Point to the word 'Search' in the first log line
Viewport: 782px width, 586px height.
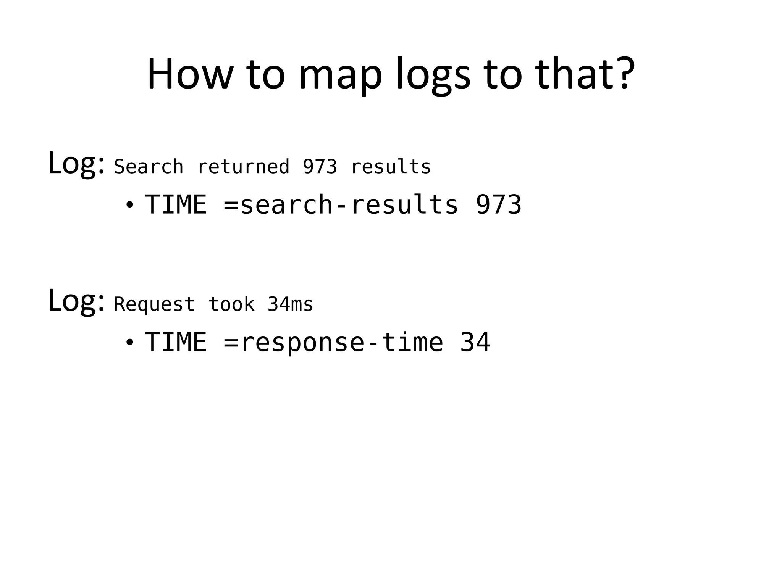149,167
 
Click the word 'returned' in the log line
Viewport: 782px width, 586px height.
243,167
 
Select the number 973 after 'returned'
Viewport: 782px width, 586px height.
320,167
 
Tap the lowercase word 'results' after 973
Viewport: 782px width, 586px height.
391,167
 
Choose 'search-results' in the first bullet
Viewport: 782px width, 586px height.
349,205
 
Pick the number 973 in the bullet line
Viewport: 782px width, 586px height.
498,205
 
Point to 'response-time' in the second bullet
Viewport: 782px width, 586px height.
342,342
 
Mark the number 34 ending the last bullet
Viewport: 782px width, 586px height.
475,342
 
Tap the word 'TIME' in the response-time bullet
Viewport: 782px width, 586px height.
176,342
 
